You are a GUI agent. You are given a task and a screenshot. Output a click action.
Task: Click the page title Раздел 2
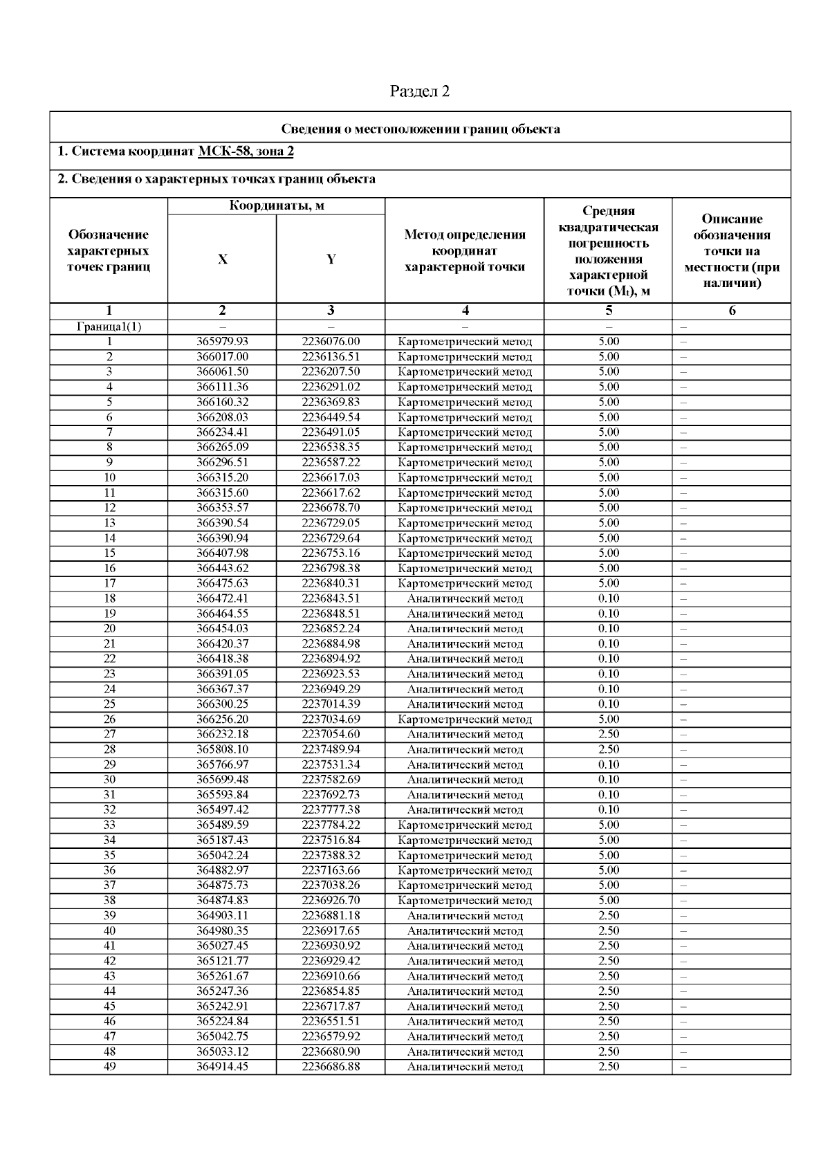(x=420, y=91)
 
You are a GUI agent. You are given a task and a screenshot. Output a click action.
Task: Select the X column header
(x=222, y=259)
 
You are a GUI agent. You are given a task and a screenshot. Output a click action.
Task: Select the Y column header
(x=331, y=259)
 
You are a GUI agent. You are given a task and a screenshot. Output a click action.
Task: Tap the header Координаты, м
(x=277, y=205)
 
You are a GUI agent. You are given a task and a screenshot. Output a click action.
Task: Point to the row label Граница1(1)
(x=109, y=327)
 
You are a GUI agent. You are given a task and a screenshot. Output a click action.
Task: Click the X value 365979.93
(x=222, y=342)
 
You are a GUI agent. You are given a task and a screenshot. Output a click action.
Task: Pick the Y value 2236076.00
(x=331, y=342)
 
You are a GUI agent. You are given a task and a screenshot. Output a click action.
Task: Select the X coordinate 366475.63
(x=222, y=583)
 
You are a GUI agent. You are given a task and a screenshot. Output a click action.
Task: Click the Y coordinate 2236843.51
(x=331, y=598)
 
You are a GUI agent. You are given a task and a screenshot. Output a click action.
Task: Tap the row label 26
(x=109, y=719)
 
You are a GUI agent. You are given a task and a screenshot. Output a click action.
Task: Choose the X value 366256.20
(x=222, y=719)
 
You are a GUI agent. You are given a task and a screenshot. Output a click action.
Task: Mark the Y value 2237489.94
(x=331, y=749)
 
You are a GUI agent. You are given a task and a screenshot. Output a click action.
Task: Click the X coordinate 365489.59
(x=222, y=825)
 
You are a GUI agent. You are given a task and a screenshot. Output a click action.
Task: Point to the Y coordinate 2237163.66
(x=331, y=870)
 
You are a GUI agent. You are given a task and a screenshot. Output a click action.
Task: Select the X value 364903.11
(x=222, y=915)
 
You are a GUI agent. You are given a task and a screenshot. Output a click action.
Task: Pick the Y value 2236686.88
(x=331, y=1067)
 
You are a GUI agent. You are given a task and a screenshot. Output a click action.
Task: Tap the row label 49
(x=109, y=1067)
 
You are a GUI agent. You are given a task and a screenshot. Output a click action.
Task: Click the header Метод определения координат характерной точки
(x=465, y=251)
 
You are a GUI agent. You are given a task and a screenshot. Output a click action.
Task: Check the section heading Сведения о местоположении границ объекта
(x=421, y=129)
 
